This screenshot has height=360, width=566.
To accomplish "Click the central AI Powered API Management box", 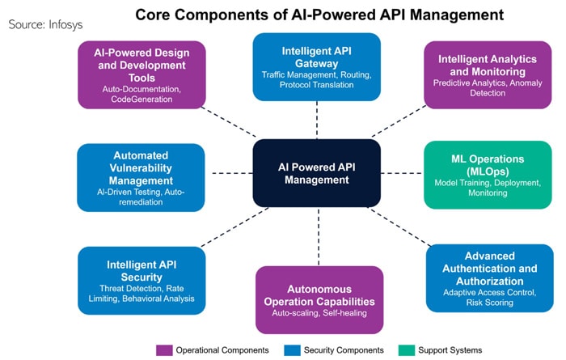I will pyautogui.click(x=317, y=173).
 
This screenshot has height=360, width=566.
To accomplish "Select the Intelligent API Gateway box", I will pyautogui.click(x=317, y=66).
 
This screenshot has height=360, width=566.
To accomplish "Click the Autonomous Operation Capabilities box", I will pyautogui.click(x=319, y=299).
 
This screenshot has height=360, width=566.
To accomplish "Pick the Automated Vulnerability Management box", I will pyautogui.click(x=141, y=177).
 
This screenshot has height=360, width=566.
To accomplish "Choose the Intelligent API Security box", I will pyautogui.click(x=141, y=280).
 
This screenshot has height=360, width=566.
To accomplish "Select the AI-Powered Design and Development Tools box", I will pyautogui.click(x=141, y=74).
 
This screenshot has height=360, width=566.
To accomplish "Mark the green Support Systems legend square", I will pyautogui.click(x=408, y=349).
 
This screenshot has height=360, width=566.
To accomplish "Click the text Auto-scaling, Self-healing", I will pyautogui.click(x=319, y=312).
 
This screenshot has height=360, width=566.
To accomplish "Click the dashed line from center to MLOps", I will pyautogui.click(x=403, y=173).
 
